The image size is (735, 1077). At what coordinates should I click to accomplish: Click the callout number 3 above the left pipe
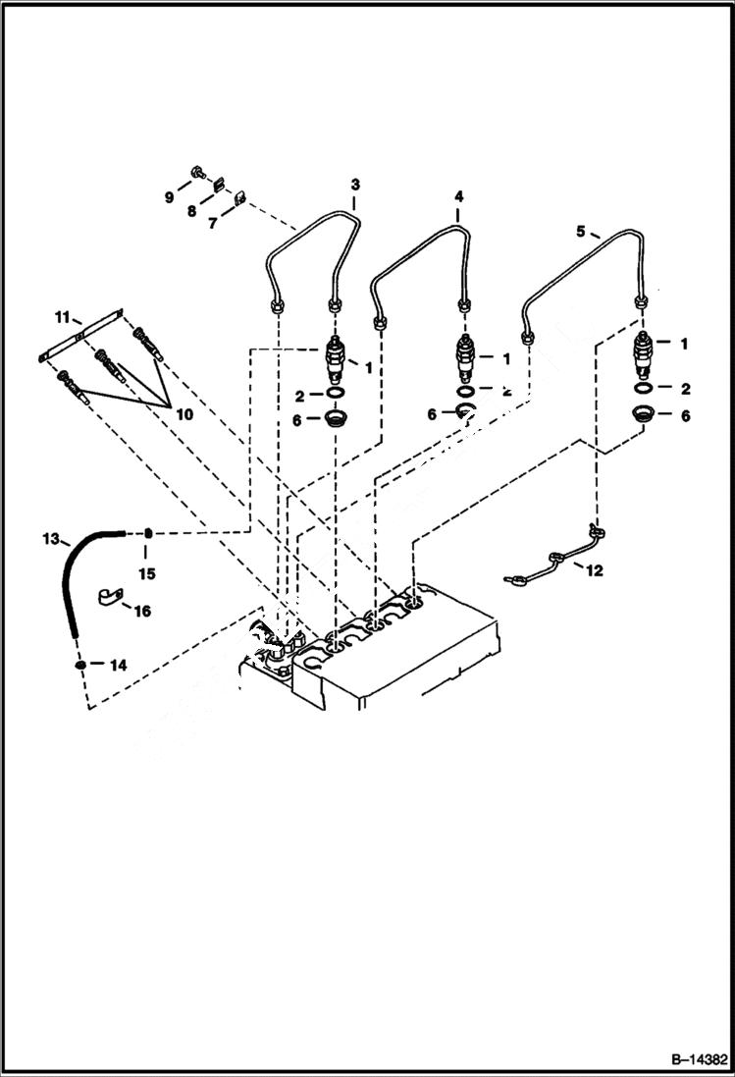click(x=355, y=184)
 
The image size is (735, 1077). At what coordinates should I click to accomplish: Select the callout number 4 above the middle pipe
click(x=457, y=196)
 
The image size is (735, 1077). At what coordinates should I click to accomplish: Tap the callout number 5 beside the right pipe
click(x=580, y=232)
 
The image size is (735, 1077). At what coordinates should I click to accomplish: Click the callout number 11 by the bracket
click(x=63, y=317)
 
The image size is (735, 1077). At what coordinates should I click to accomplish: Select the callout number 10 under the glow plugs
click(x=184, y=414)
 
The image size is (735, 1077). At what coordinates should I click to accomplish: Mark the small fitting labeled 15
click(x=147, y=533)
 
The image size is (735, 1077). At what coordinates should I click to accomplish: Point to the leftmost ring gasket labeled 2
click(x=336, y=395)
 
